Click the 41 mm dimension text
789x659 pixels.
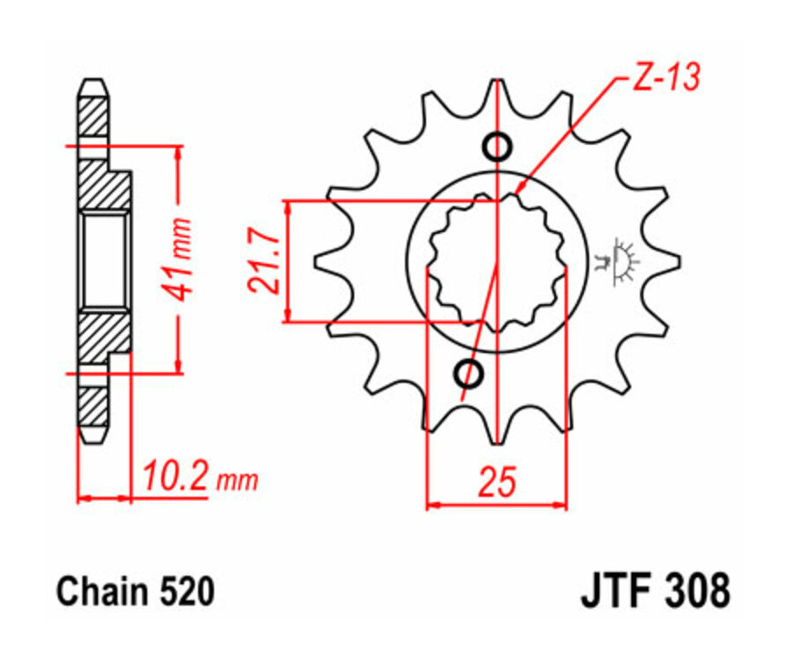click(181, 259)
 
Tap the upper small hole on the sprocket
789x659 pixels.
click(497, 146)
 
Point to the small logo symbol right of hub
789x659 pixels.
click(621, 261)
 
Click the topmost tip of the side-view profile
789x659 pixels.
click(94, 81)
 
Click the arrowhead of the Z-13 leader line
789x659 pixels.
click(519, 189)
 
